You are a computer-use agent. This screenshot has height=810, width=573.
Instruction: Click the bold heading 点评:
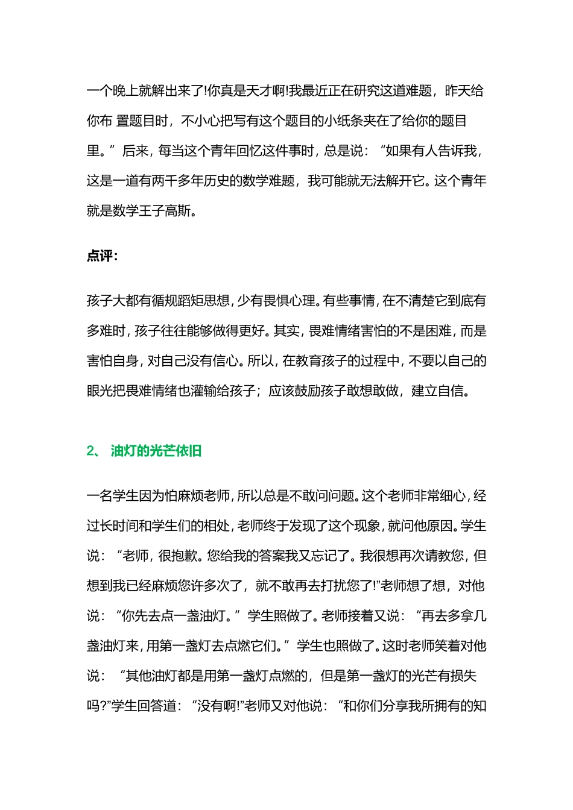[102, 256]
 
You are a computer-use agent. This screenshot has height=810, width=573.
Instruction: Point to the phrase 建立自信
[440, 391]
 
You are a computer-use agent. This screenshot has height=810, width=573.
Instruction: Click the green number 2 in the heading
[90, 451]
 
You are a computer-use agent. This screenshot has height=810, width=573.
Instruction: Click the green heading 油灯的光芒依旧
[156, 451]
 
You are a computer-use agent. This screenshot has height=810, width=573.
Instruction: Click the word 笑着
[447, 646]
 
